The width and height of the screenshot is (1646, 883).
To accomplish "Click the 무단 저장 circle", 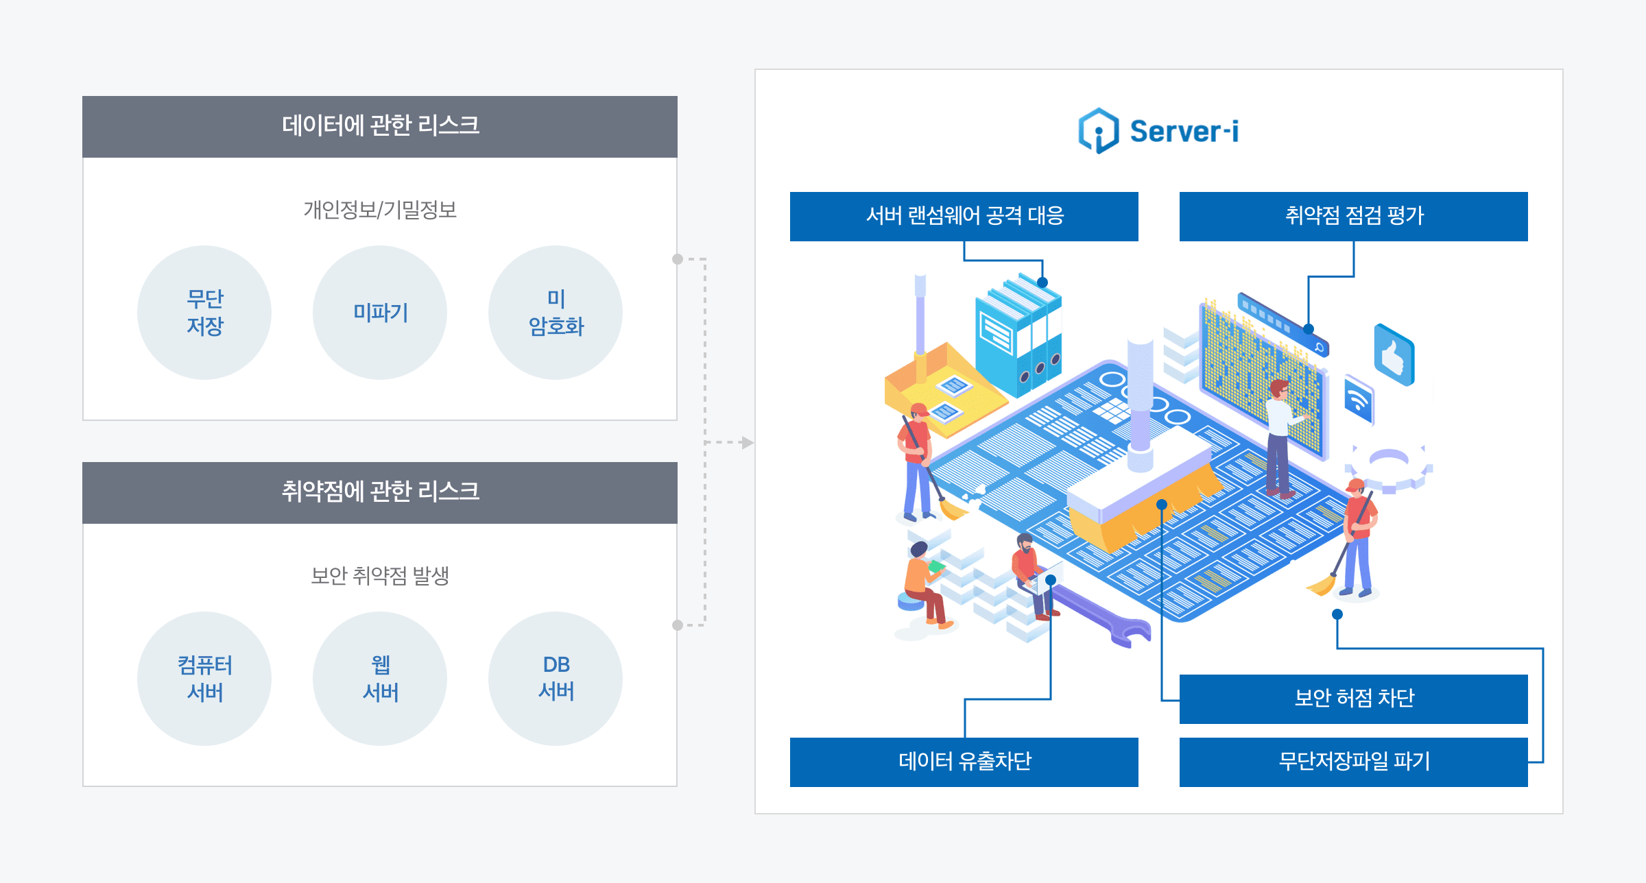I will click(x=204, y=313).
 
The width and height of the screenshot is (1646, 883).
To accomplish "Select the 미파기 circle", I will click(x=380, y=313).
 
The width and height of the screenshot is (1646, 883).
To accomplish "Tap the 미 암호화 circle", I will click(x=556, y=313).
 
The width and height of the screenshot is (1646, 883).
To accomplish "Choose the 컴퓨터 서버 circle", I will click(x=204, y=679).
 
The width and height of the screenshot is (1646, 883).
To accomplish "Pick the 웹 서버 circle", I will click(x=380, y=679).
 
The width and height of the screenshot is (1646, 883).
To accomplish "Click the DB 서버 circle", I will click(x=556, y=679).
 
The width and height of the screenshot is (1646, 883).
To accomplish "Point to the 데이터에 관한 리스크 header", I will click(x=380, y=126).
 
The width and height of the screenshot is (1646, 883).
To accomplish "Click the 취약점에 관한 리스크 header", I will click(x=380, y=492).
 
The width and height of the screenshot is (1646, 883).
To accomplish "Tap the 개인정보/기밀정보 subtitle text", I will click(x=380, y=210).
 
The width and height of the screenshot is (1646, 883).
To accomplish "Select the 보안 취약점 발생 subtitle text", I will click(x=380, y=576).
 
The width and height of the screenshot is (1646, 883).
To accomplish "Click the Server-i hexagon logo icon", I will click(x=1099, y=130).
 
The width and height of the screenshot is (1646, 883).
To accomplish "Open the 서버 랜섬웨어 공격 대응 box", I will click(x=964, y=217).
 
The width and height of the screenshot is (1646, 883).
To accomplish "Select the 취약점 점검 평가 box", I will click(x=1353, y=217).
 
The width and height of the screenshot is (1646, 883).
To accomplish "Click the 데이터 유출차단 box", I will click(x=964, y=762).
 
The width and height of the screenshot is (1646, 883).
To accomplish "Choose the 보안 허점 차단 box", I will click(x=1353, y=699).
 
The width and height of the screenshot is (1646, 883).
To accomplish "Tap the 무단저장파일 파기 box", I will click(x=1353, y=762).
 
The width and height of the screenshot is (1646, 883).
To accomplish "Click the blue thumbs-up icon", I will click(x=1394, y=355).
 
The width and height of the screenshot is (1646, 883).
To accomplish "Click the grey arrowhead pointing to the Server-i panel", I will click(x=748, y=443).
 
